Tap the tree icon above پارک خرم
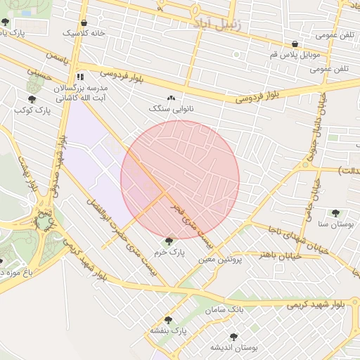coord(169,241)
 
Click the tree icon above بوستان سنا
coord(335,213)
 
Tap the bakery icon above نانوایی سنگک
coord(171,98)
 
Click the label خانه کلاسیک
coord(84,33)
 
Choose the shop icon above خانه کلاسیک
coord(84,22)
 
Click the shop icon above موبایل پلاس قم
coord(295,44)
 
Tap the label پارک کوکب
coord(33,110)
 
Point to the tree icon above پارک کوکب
coord(32,99)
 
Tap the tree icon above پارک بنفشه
coord(167,319)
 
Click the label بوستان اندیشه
coord(234,347)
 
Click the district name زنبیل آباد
coord(215,24)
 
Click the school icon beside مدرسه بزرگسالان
coord(81,76)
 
